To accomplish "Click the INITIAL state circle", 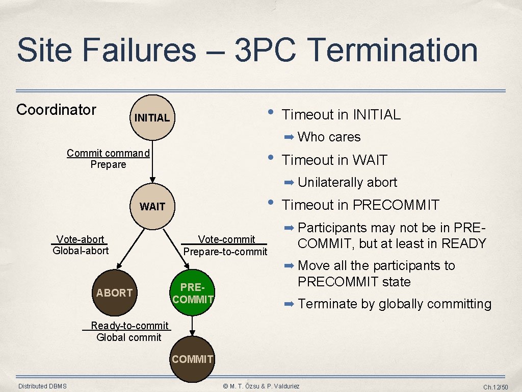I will point(151,117).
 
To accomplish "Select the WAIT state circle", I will point(152,207).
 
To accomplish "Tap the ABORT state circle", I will point(114,292).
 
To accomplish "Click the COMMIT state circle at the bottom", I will point(193,359).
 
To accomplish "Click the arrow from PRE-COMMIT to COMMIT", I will point(193,326).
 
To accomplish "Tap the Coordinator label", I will point(57,110).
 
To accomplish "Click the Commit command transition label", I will point(108,153).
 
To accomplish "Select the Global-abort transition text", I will point(81,250).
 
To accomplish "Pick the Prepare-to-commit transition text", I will point(225,251).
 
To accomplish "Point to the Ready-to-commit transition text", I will point(129,326).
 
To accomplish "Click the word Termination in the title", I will point(393,50).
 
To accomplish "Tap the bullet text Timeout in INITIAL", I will point(341,115).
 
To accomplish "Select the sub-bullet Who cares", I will point(329,137).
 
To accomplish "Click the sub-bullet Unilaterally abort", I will point(347,182).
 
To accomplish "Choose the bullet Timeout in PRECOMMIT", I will point(360,205).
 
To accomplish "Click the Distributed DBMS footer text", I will point(42,386).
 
